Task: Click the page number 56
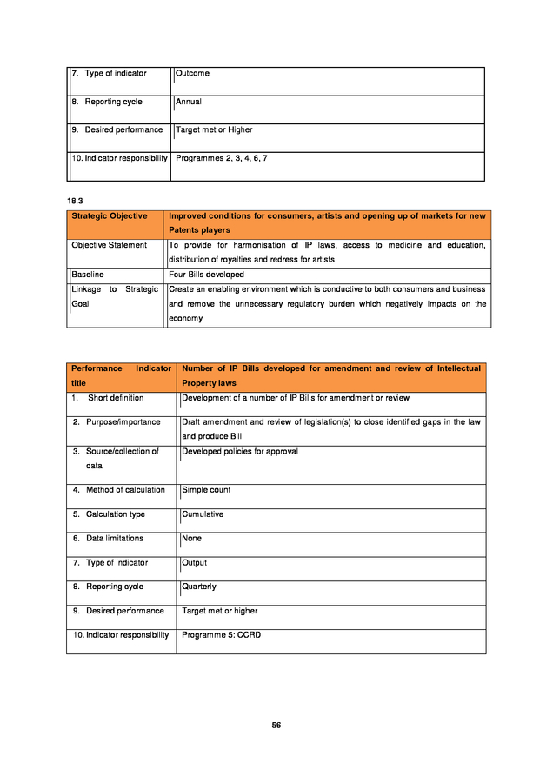pyautogui.click(x=276, y=725)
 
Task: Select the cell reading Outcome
pyautogui.click(x=192, y=74)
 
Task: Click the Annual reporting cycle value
pyautogui.click(x=189, y=102)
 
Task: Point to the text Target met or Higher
pyautogui.click(x=214, y=130)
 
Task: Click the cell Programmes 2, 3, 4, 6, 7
pyautogui.click(x=221, y=159)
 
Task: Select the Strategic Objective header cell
pyautogui.click(x=110, y=216)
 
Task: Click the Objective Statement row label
pyautogui.click(x=109, y=245)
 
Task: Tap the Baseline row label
pyautogui.click(x=87, y=275)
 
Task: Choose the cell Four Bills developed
pyautogui.click(x=206, y=275)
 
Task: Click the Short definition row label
pyautogui.click(x=116, y=398)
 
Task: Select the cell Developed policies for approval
pyautogui.click(x=240, y=452)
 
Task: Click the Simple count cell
pyautogui.click(x=206, y=490)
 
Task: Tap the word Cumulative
pyautogui.click(x=203, y=514)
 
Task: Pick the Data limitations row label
pyautogui.click(x=114, y=539)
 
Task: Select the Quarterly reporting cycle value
pyautogui.click(x=199, y=586)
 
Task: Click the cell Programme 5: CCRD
pyautogui.click(x=221, y=635)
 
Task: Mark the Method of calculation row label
pyautogui.click(x=125, y=490)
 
